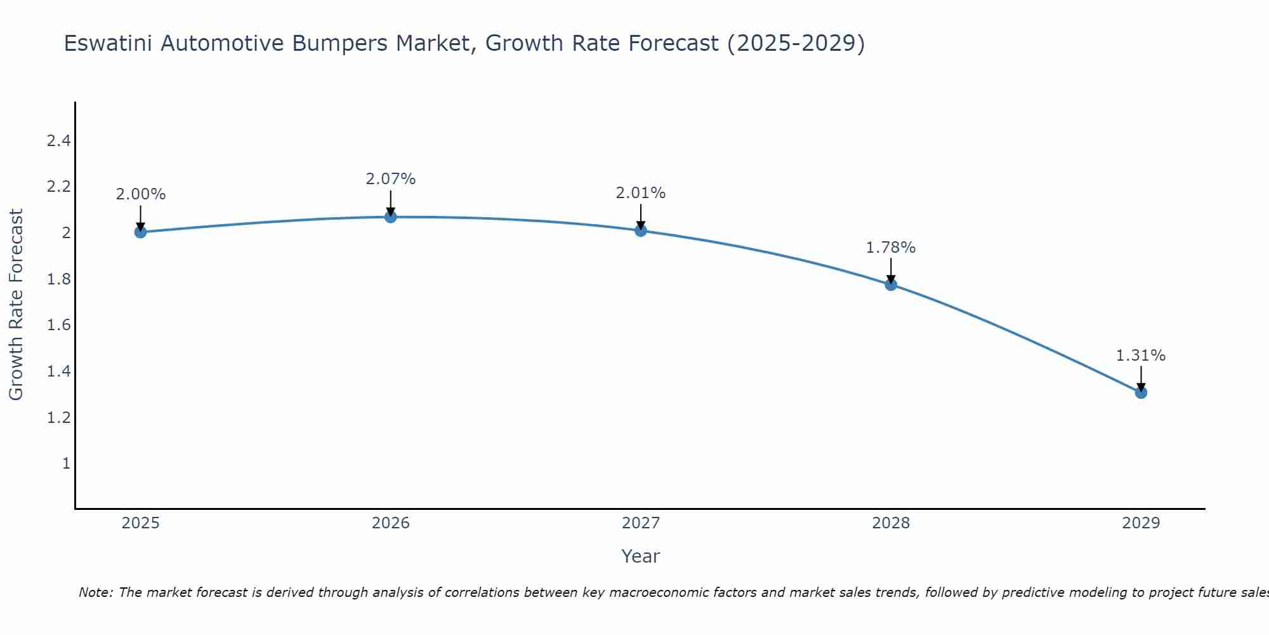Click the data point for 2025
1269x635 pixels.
pos(140,232)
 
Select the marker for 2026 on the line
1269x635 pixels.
pos(390,217)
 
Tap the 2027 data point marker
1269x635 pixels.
pos(641,231)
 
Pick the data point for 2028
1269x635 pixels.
pos(891,284)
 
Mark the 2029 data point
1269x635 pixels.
pos(1141,392)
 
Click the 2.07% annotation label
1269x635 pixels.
pos(390,179)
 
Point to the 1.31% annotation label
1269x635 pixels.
pos(1141,356)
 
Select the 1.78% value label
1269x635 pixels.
pos(891,248)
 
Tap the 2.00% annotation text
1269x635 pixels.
pos(140,194)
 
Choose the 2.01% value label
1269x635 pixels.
pos(641,193)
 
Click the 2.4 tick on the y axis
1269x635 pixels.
pos(58,140)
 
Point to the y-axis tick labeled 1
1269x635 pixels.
pos(66,464)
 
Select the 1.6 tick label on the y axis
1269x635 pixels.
pos(58,325)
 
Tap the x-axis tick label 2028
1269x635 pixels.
pos(891,523)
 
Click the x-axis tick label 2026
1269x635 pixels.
pos(390,523)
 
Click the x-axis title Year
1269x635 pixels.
pos(641,556)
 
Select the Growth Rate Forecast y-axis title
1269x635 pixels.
pos(16,305)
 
